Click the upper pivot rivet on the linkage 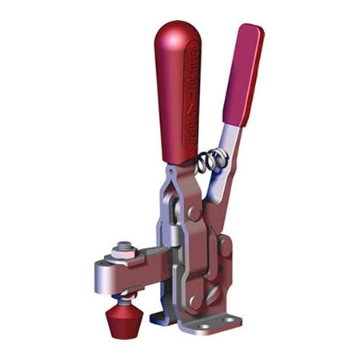point(192,212)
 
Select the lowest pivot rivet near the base point(194,302)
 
